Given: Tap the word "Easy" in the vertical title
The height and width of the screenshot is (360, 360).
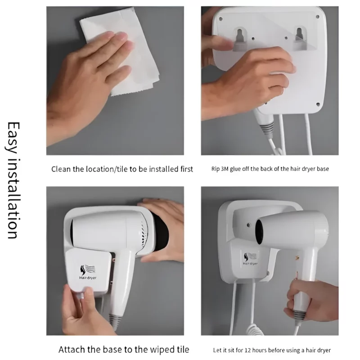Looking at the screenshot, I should click(x=12, y=137).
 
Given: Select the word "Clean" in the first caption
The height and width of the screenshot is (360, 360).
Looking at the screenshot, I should click(x=61, y=169).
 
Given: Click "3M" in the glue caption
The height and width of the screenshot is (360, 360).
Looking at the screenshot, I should click(x=229, y=169).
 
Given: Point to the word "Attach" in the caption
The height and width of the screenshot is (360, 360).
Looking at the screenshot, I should click(x=70, y=349).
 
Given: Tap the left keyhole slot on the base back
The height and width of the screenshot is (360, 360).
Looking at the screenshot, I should click(x=240, y=36).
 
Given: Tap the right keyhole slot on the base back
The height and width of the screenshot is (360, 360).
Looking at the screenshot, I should click(x=300, y=36).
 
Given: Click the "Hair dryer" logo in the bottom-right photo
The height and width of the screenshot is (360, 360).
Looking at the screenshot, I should click(x=249, y=259).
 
